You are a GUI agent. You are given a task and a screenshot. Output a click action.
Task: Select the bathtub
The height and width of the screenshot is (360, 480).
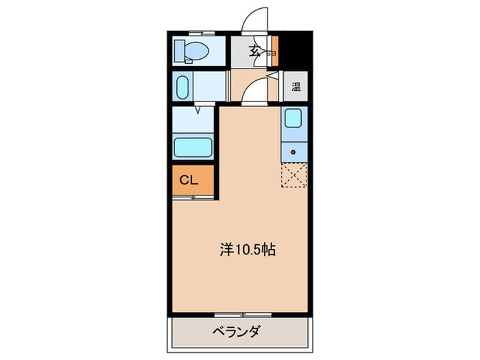click(194, 147)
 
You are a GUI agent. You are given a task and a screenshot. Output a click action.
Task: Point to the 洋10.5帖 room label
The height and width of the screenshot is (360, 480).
click(248, 250)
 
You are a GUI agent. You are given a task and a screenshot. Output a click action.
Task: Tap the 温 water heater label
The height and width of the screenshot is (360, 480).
click(296, 87)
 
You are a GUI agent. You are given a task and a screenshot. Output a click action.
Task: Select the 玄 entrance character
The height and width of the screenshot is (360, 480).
click(254, 50)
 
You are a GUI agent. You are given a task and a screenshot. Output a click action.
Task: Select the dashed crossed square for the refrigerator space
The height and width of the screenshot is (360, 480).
click(294, 175)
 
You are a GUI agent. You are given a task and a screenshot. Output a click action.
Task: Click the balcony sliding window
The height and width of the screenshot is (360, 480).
click(243, 315)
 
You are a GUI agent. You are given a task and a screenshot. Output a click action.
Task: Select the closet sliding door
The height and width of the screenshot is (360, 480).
click(194, 197)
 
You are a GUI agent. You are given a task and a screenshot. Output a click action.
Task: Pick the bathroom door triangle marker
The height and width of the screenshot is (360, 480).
click(197, 109)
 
